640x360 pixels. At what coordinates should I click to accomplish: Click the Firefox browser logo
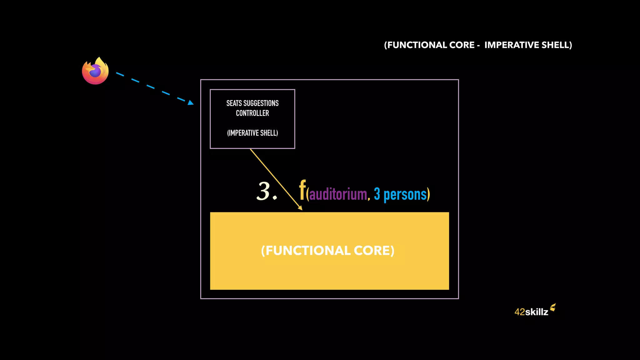pyautogui.click(x=95, y=71)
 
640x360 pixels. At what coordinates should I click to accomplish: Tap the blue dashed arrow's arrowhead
pyautogui.click(x=191, y=102)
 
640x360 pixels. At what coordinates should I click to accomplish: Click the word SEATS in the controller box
pyautogui.click(x=234, y=103)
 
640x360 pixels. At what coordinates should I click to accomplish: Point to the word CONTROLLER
pyautogui.click(x=252, y=113)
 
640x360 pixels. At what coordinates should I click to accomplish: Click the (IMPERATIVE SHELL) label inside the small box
pyautogui.click(x=252, y=133)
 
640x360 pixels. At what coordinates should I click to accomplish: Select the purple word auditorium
pyautogui.click(x=338, y=194)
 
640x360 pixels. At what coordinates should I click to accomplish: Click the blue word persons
pyautogui.click(x=405, y=194)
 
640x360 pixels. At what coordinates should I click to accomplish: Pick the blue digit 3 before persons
pyautogui.click(x=377, y=194)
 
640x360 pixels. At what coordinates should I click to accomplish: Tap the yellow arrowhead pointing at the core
pyautogui.click(x=300, y=208)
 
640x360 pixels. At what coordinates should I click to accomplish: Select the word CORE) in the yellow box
pyautogui.click(x=374, y=251)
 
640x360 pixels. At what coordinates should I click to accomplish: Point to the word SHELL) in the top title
pyautogui.click(x=557, y=45)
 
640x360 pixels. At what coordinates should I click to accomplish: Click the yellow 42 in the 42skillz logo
pyautogui.click(x=519, y=312)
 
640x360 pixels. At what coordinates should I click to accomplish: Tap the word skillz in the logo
pyautogui.click(x=537, y=312)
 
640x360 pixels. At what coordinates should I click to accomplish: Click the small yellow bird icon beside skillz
pyautogui.click(x=553, y=307)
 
